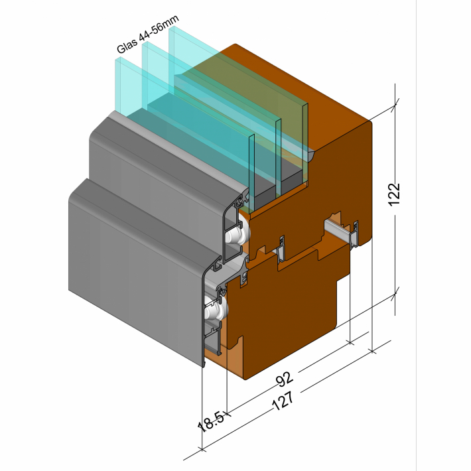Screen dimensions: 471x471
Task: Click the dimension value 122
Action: click(x=395, y=194)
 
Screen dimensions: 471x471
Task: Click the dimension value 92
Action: click(x=284, y=379)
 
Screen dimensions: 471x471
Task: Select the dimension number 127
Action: click(x=283, y=401)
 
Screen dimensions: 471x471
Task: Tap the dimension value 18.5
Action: click(x=211, y=422)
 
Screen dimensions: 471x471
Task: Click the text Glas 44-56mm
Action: click(x=148, y=34)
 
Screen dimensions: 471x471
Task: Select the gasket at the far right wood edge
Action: click(x=354, y=234)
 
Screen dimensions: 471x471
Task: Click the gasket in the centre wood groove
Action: click(x=281, y=248)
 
